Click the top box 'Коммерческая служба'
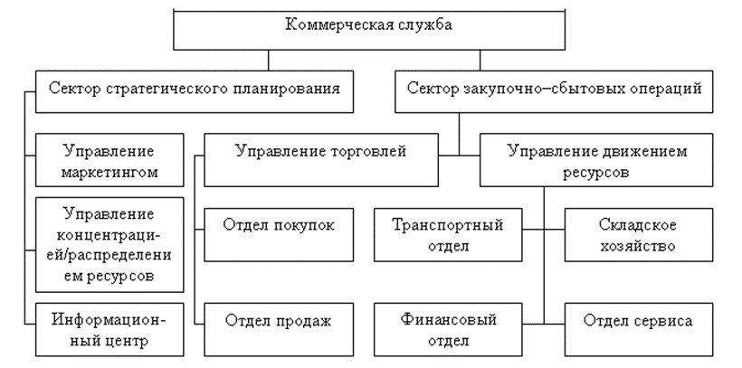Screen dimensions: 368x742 pyautogui.click(x=368, y=27)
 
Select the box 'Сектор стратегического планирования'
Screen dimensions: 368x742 pyautogui.click(x=193, y=90)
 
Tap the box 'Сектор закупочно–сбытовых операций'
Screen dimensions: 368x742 pyautogui.click(x=554, y=90)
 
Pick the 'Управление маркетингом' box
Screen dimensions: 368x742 pyautogui.click(x=109, y=158)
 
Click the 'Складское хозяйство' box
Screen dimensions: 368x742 pyautogui.click(x=638, y=233)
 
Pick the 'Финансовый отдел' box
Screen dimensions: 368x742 pyautogui.click(x=447, y=329)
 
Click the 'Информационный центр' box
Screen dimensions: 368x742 pyautogui.click(x=109, y=330)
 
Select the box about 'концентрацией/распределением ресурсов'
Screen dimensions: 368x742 pyautogui.click(x=109, y=242)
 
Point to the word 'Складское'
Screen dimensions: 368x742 pyautogui.click(x=638, y=223)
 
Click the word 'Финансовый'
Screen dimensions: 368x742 pyautogui.click(x=447, y=319)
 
